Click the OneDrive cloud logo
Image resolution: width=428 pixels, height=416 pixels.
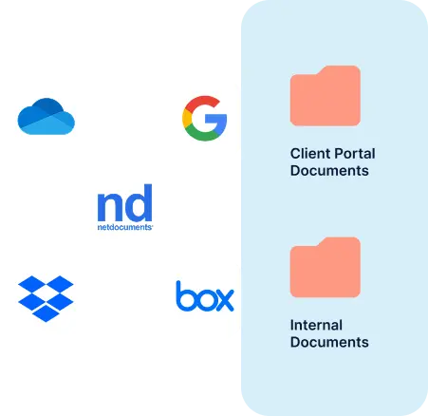tap(47, 119)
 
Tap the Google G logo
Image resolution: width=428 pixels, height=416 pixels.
tap(204, 118)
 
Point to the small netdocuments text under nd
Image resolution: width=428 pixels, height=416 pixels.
tap(125, 228)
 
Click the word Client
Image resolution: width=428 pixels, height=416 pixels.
tap(309, 152)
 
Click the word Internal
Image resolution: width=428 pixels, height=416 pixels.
tap(316, 325)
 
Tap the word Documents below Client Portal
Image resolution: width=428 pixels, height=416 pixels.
tap(329, 171)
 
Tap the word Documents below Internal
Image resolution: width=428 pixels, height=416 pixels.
tap(329, 343)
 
